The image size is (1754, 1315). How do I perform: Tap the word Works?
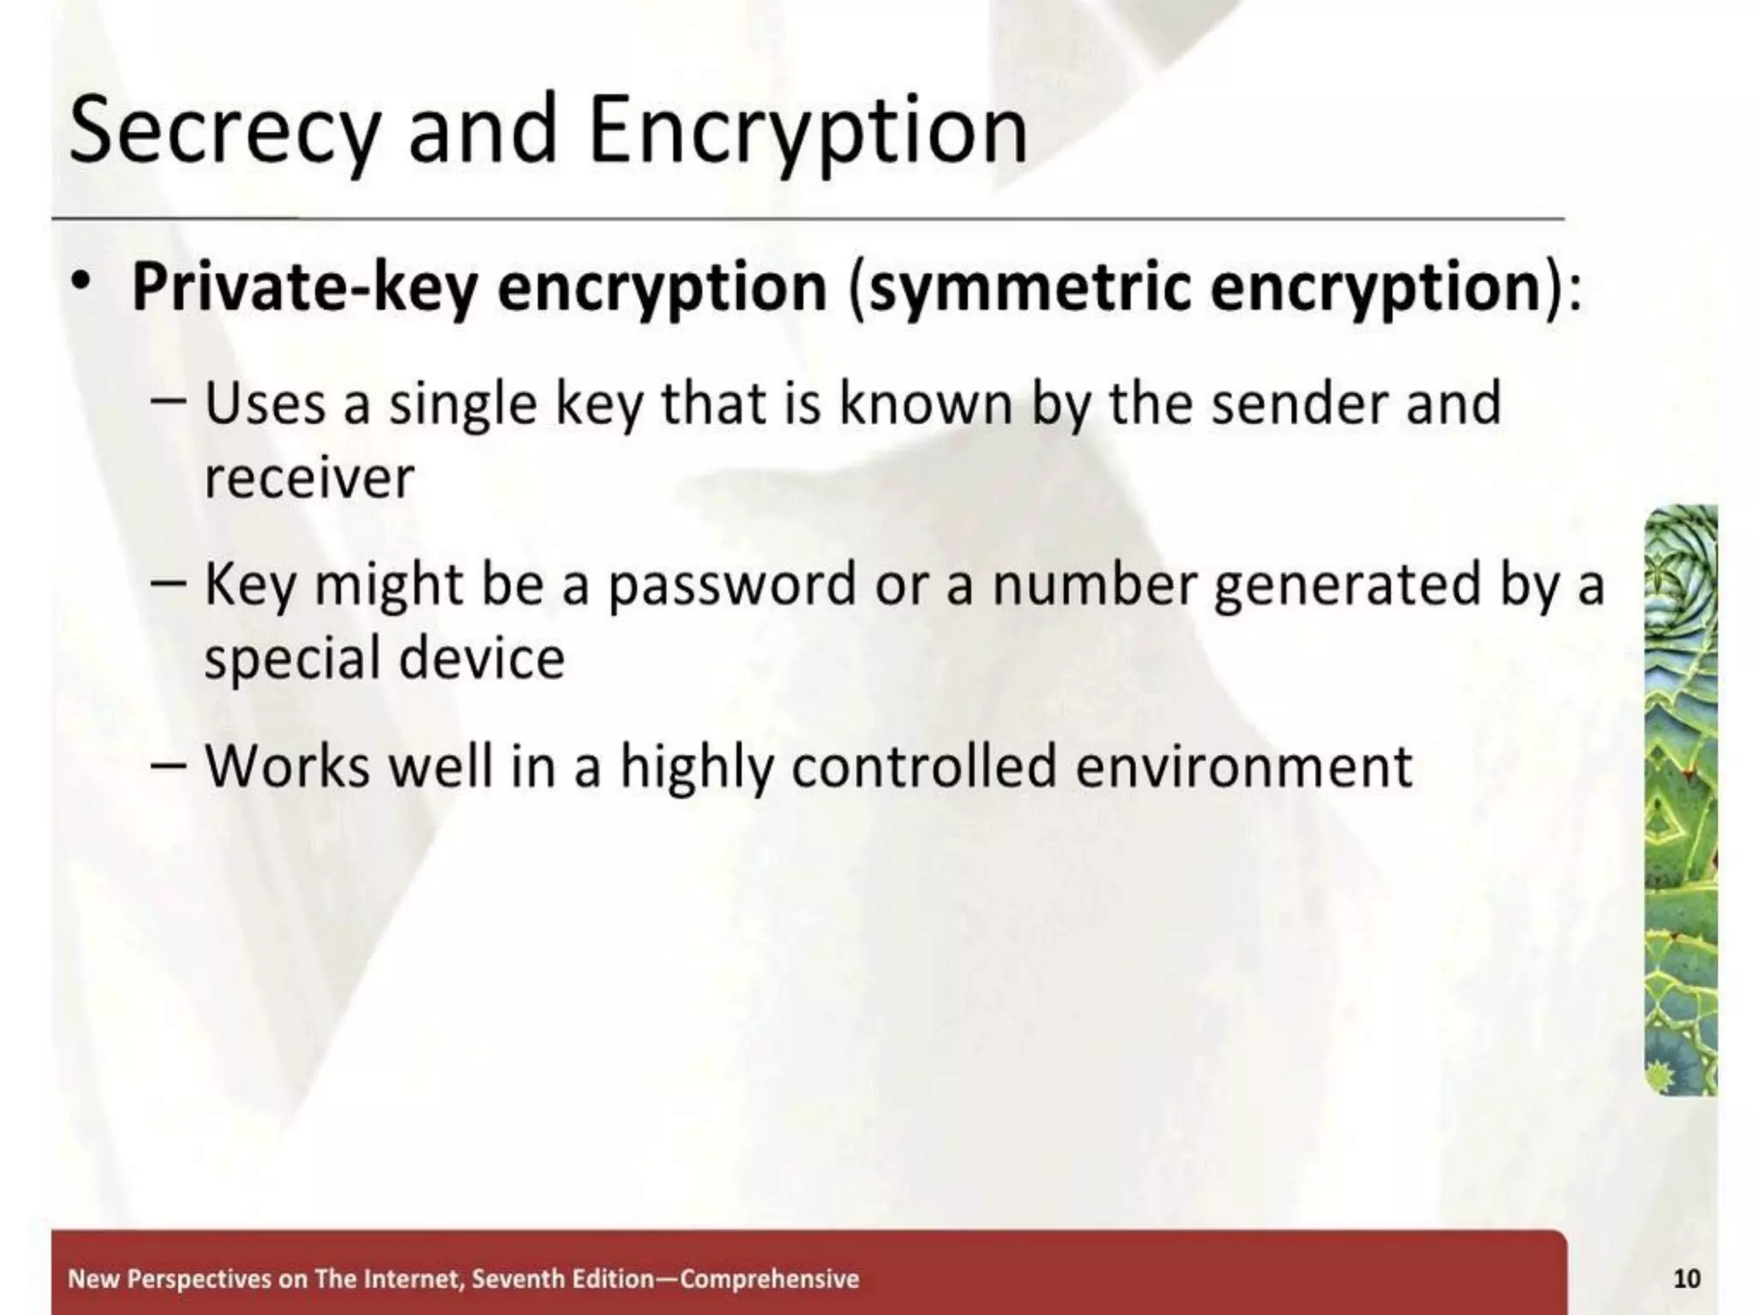[288, 766]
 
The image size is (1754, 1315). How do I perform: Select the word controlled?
[924, 766]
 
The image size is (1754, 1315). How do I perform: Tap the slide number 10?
[1685, 1279]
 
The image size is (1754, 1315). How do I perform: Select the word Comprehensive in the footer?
[769, 1279]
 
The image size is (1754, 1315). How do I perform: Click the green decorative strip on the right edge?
[1681, 800]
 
